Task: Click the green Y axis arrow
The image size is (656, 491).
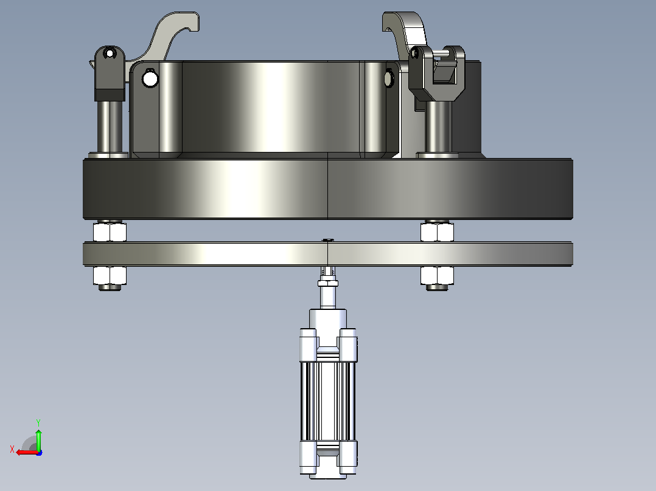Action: click(x=38, y=439)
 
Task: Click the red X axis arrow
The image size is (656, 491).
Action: click(x=27, y=452)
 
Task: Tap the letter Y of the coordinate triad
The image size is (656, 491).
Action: click(x=38, y=422)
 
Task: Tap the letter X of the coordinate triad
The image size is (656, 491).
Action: click(x=12, y=450)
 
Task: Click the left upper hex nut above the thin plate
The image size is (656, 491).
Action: click(x=110, y=232)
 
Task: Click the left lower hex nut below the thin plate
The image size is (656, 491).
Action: click(x=110, y=275)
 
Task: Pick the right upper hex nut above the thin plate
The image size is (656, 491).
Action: click(x=437, y=232)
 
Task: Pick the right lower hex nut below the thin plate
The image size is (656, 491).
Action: click(x=437, y=275)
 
